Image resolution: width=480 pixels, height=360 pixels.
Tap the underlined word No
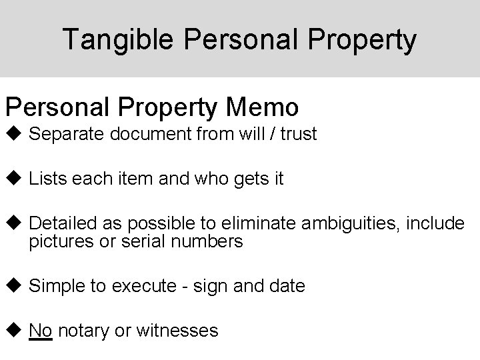pyautogui.click(x=41, y=329)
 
